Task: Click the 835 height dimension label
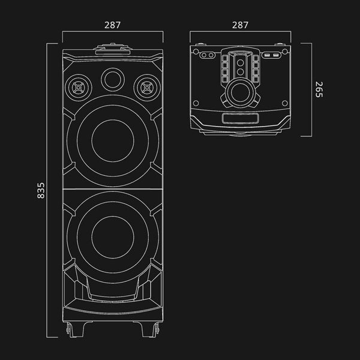tap(41, 190)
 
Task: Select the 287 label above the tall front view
tap(113, 25)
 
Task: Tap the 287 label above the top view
tap(240, 25)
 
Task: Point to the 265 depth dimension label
tap(319, 89)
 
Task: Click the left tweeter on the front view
tap(79, 88)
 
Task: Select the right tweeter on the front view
tap(147, 88)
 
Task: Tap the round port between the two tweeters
tap(113, 80)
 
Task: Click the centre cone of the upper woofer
tap(113, 141)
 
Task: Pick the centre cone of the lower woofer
tap(113, 237)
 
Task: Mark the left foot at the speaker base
tap(76, 329)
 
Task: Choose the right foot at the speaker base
tap(149, 329)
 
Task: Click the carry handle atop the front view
tap(113, 49)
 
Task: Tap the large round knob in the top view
tap(241, 93)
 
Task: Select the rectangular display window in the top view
tap(240, 118)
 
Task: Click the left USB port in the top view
tap(267, 55)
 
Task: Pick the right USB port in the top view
tap(275, 55)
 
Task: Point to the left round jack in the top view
tap(203, 55)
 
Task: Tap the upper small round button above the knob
tap(241, 62)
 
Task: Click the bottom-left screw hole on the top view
tap(196, 103)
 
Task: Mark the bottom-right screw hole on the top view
tap(284, 103)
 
